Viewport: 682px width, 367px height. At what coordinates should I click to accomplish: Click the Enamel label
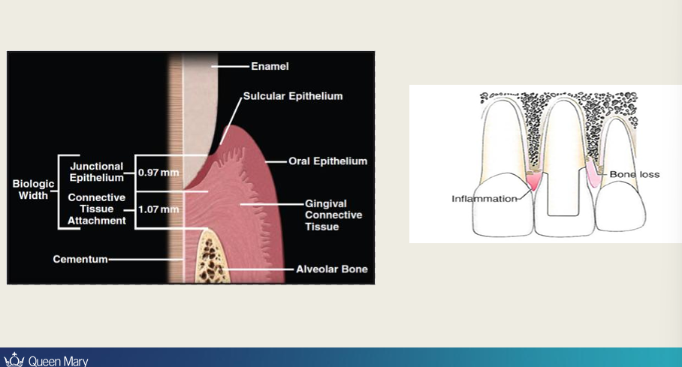[x=269, y=67]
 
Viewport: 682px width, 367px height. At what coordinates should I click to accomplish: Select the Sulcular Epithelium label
[x=293, y=96]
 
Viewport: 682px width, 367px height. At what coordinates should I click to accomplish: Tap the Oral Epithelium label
[x=327, y=161]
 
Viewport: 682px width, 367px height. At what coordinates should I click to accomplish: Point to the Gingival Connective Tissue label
[x=333, y=215]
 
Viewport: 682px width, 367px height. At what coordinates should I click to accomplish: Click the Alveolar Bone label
[x=331, y=269]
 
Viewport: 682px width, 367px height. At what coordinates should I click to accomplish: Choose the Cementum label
[x=80, y=260]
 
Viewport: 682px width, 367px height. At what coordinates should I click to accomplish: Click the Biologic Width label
[x=33, y=189]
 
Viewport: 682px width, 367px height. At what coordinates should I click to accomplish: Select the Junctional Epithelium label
[x=97, y=172]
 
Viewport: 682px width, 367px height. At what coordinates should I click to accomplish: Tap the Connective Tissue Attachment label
[x=97, y=209]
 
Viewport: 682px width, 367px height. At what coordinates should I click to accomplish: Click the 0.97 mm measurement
[x=158, y=173]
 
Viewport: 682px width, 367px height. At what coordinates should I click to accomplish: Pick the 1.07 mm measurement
[x=158, y=209]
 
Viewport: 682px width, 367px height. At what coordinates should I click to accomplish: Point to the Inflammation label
[x=484, y=199]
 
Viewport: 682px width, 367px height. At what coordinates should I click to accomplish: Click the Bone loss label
[x=634, y=174]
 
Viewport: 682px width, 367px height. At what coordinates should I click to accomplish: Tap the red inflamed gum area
[x=534, y=180]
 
